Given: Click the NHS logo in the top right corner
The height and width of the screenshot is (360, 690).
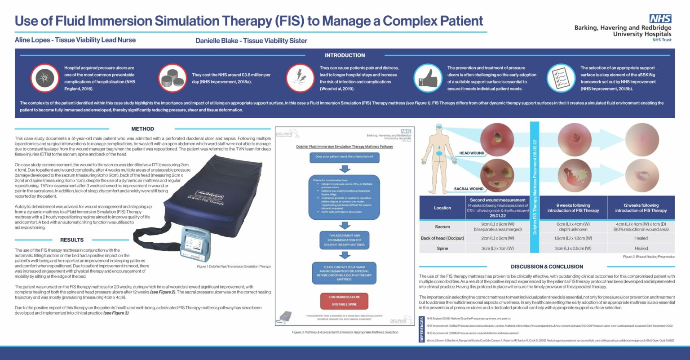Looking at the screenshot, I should coord(660,18).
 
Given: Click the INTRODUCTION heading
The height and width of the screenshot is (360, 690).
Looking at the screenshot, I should coord(345,55).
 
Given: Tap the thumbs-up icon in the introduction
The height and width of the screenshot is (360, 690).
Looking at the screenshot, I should coord(427,78).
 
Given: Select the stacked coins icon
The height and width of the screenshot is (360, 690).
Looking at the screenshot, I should coord(172,78).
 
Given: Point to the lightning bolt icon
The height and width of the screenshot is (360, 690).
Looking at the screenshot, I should coord(300,78).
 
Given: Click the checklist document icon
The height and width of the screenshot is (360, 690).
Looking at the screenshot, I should coord(561,78).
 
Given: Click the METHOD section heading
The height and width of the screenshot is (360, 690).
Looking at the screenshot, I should coord(142,129).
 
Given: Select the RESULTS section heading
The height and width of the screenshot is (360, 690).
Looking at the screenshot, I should coord(72,240).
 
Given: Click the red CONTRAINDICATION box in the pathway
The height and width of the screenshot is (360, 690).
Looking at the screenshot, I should coord(344,301).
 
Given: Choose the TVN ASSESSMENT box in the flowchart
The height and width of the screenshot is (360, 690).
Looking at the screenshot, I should coord(344,240).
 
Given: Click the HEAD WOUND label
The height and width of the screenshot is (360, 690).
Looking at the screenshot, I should coord(472,153).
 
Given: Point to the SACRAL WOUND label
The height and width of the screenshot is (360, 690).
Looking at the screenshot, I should coord(469,189).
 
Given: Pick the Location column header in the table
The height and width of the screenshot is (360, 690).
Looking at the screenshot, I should coord(442,208).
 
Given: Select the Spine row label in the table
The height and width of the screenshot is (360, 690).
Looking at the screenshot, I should coord(442,248).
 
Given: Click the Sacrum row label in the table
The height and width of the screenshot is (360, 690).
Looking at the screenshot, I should coord(442,227).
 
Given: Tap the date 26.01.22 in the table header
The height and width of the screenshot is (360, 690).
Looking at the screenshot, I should coord(497,216).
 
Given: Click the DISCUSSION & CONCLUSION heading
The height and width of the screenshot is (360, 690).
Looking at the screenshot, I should coord(547,267).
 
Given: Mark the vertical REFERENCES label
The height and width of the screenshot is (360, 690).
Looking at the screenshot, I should coord(422,329).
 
